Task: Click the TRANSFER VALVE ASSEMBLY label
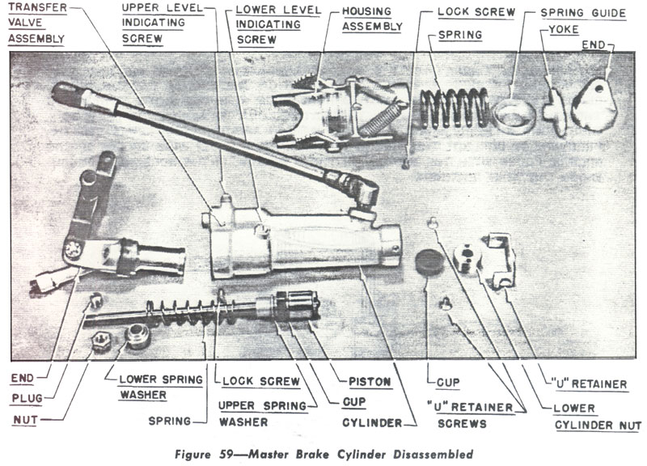coord(39,24)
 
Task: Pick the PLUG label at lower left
coord(28,398)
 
